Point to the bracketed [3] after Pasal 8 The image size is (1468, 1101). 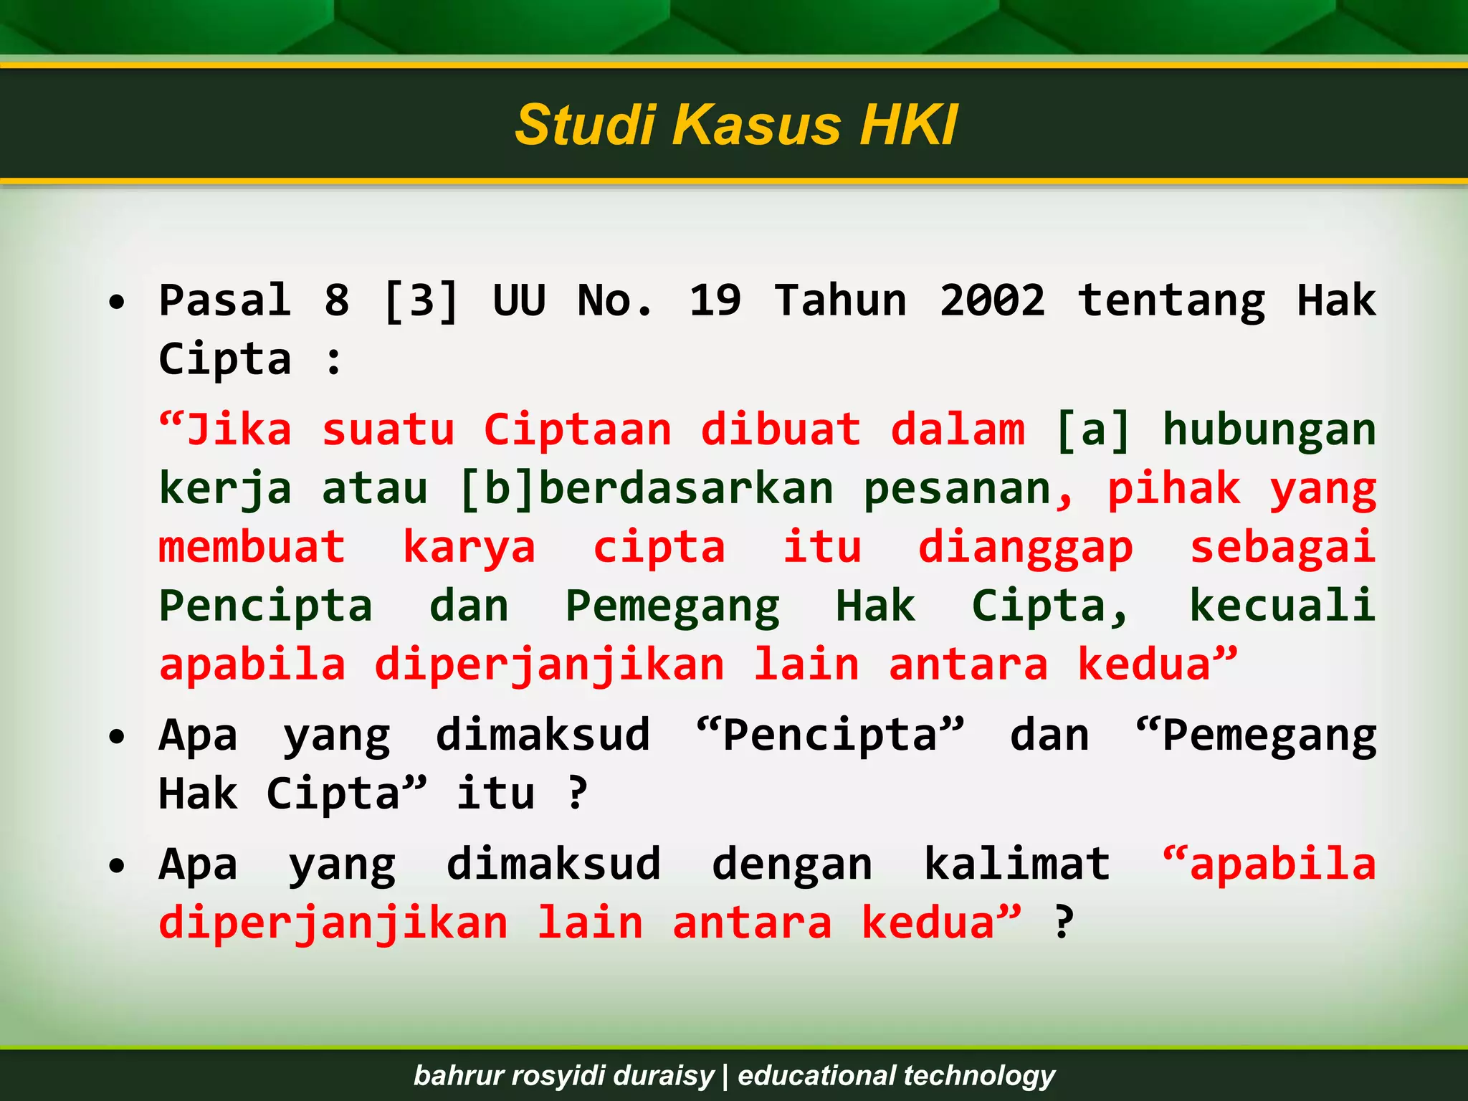click(x=421, y=301)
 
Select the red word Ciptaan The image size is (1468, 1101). click(x=578, y=430)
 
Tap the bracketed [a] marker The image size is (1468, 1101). click(x=1093, y=430)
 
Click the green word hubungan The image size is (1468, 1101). click(x=1269, y=430)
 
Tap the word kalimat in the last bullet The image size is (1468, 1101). click(x=1017, y=864)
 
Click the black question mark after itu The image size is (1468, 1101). click(x=577, y=794)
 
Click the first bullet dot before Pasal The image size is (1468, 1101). click(x=117, y=302)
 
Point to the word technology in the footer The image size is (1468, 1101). click(x=979, y=1075)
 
